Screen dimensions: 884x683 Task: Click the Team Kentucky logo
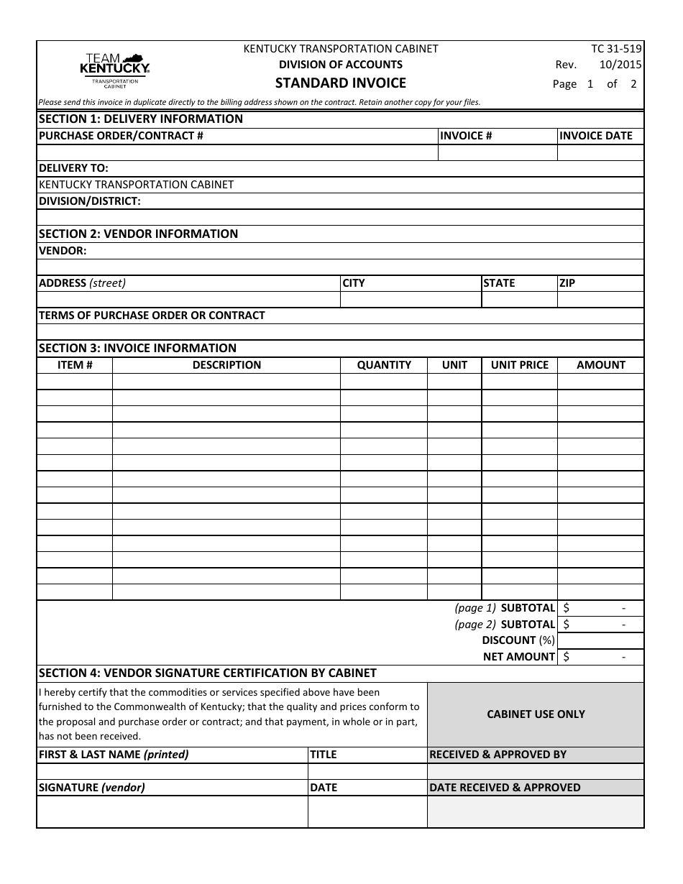(x=114, y=70)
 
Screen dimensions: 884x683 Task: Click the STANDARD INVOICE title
(x=341, y=83)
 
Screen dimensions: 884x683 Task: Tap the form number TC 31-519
(x=616, y=49)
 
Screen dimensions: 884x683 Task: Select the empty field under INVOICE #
(x=498, y=152)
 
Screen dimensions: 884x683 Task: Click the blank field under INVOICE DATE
(x=600, y=152)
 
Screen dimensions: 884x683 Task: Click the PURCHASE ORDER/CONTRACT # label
(x=121, y=136)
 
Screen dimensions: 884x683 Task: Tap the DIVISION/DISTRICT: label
(x=89, y=201)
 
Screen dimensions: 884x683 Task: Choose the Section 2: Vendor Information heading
(x=138, y=234)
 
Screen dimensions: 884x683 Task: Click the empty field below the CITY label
(x=411, y=300)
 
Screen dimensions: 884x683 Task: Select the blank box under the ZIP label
(x=600, y=300)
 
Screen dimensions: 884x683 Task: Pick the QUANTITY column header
(x=384, y=365)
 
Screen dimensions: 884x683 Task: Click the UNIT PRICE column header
(x=519, y=365)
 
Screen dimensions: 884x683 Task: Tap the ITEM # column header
(x=75, y=365)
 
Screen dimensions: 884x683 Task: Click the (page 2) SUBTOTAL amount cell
(x=600, y=625)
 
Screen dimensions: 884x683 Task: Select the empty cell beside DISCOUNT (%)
(x=600, y=640)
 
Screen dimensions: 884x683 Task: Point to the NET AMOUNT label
(x=518, y=657)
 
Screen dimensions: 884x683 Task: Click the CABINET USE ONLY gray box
(x=536, y=714)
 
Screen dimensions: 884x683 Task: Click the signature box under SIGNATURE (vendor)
(x=173, y=812)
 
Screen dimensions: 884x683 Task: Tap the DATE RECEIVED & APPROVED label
(x=505, y=788)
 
